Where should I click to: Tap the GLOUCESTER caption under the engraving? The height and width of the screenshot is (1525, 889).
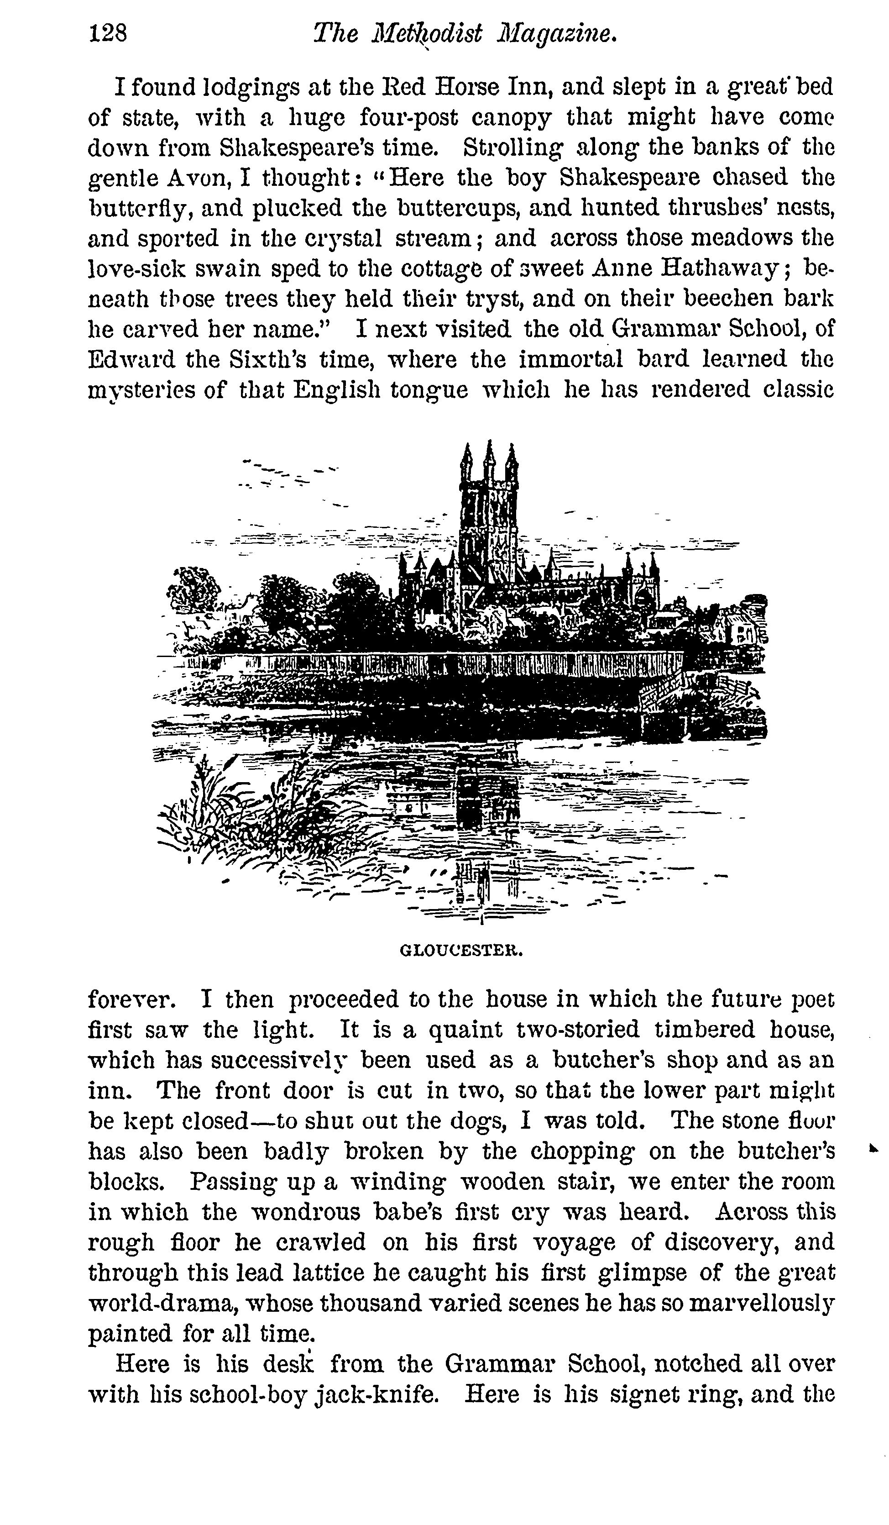(461, 950)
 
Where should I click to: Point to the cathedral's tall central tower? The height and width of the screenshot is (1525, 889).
(489, 515)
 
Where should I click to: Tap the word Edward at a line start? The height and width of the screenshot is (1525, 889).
(131, 359)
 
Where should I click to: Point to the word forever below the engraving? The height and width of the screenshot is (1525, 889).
(132, 999)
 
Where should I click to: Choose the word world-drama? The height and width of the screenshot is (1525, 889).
(162, 1302)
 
